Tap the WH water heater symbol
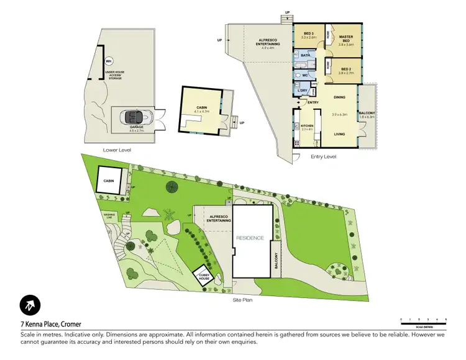pyautogui.click(x=108, y=61)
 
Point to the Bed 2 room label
pyautogui.click(x=345, y=70)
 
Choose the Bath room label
pyautogui.click(x=305, y=55)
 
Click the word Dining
pyautogui.click(x=339, y=97)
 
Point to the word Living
pyautogui.click(x=339, y=133)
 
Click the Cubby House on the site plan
pyautogui.click(x=204, y=276)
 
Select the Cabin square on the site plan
pyautogui.click(x=109, y=179)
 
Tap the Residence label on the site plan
pyautogui.click(x=250, y=238)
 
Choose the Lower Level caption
pyautogui.click(x=117, y=150)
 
